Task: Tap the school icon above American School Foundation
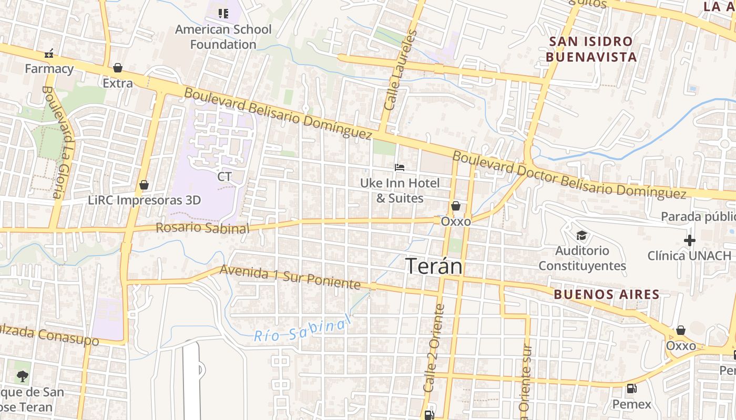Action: [223, 13]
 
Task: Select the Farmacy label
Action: [49, 68]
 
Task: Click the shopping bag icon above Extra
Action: [118, 68]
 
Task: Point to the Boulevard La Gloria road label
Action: [58, 142]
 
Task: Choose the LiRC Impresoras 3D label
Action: [145, 200]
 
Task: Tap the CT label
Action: [224, 176]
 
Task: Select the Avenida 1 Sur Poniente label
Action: [290, 277]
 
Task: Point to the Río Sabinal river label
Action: [302, 329]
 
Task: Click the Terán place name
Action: [434, 266]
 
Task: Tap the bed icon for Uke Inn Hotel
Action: [400, 167]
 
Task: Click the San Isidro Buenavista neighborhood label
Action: [591, 49]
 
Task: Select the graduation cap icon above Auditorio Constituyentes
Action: [581, 235]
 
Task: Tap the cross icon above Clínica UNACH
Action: [689, 240]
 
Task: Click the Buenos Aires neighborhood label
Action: [606, 295]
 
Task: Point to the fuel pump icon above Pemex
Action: [631, 389]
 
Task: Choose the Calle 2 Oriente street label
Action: [433, 348]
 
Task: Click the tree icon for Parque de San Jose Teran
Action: [22, 376]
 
